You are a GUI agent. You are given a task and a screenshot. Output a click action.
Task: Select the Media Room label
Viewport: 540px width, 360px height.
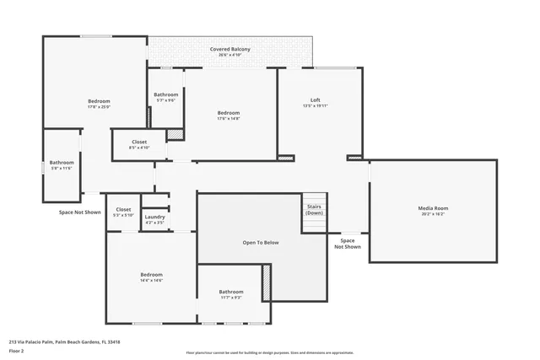point(433,207)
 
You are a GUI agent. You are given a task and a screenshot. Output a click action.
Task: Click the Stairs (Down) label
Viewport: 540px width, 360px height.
point(314,208)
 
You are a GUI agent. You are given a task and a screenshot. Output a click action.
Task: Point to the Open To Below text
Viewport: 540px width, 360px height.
point(261,243)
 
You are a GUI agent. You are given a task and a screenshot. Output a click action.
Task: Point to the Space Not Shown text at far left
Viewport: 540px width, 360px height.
point(79,212)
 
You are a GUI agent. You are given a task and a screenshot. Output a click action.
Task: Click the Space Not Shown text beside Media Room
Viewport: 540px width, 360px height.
point(348,243)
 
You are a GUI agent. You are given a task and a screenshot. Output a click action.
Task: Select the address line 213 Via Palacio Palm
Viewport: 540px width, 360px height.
point(64,341)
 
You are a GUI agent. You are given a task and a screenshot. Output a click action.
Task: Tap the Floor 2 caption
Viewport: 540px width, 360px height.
point(16,350)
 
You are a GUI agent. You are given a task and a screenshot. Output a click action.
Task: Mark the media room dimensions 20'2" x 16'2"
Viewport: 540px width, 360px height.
point(433,214)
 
